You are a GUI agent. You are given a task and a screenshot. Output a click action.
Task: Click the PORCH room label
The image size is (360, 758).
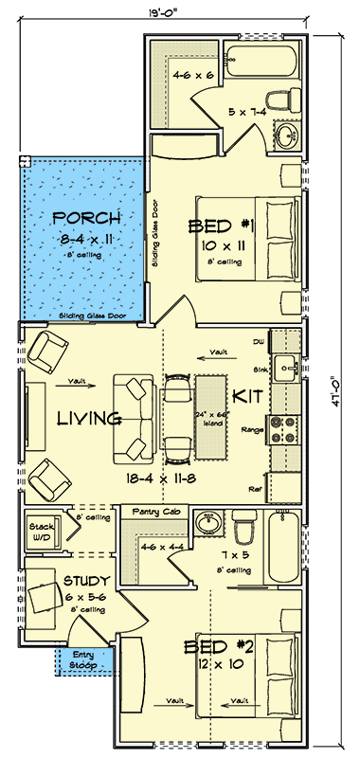click(x=81, y=218)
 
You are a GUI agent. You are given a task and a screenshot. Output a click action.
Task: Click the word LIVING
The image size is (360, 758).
click(x=88, y=418)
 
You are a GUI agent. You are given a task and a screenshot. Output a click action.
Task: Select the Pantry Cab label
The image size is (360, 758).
click(x=152, y=510)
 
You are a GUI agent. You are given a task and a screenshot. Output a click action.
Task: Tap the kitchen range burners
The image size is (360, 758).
click(x=283, y=429)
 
